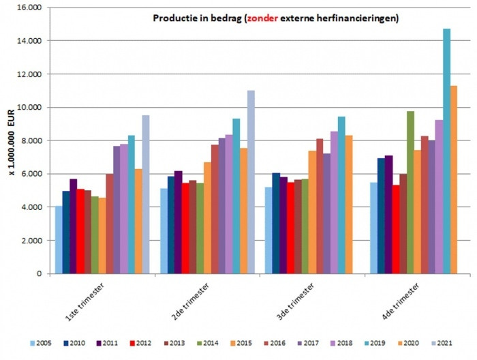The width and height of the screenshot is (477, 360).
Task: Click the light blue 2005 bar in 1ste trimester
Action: coord(59,239)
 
